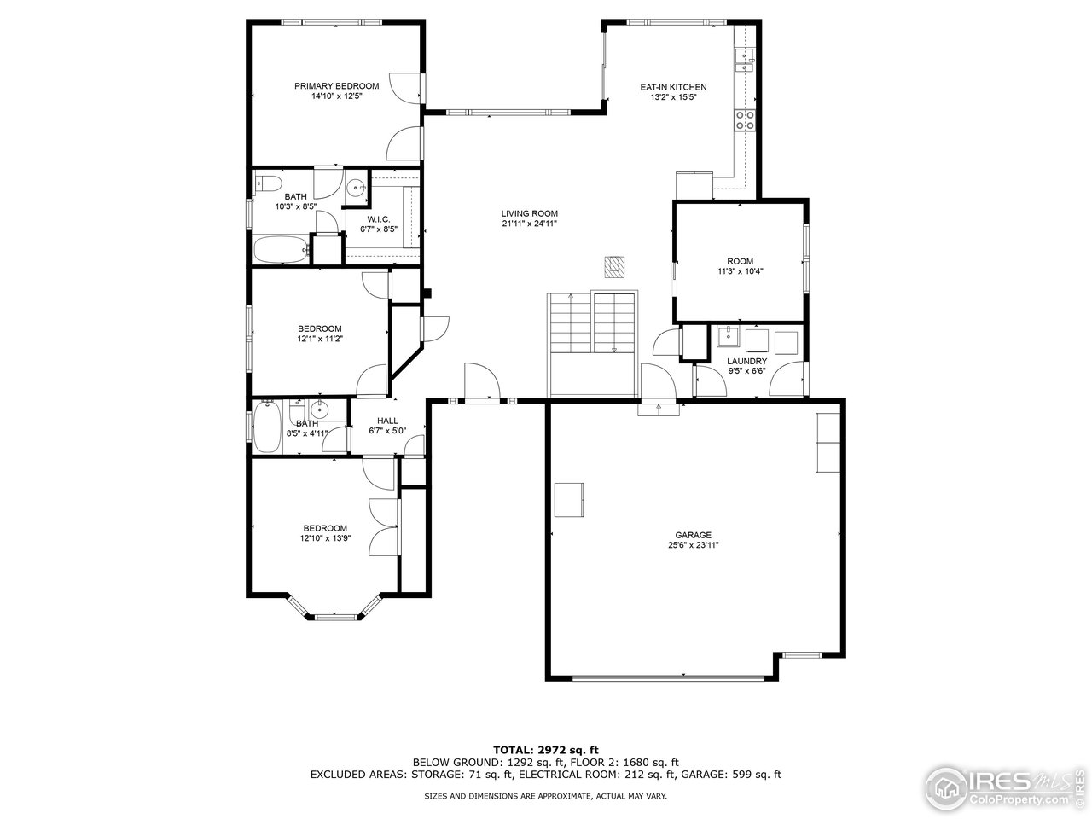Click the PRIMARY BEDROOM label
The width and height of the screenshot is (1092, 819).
click(x=336, y=86)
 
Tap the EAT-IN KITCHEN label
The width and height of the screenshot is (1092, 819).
click(x=673, y=87)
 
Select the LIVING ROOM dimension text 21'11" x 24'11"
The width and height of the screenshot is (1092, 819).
click(x=529, y=224)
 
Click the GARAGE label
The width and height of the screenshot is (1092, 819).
click(x=693, y=535)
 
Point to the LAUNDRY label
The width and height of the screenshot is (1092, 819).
click(x=746, y=361)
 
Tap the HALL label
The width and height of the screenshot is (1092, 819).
click(x=387, y=421)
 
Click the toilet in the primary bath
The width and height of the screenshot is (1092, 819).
click(x=267, y=183)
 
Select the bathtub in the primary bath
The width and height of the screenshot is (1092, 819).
click(x=281, y=251)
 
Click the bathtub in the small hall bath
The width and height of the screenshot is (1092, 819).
click(x=264, y=427)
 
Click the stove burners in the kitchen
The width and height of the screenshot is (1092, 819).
click(x=744, y=120)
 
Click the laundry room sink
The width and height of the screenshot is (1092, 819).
click(x=728, y=337)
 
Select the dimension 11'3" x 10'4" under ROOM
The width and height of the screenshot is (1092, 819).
click(x=740, y=272)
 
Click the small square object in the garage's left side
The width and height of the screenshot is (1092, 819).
click(x=568, y=499)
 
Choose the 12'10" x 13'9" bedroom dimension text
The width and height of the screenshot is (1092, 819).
click(x=325, y=538)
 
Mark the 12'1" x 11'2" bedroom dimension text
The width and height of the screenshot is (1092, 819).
click(x=319, y=339)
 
